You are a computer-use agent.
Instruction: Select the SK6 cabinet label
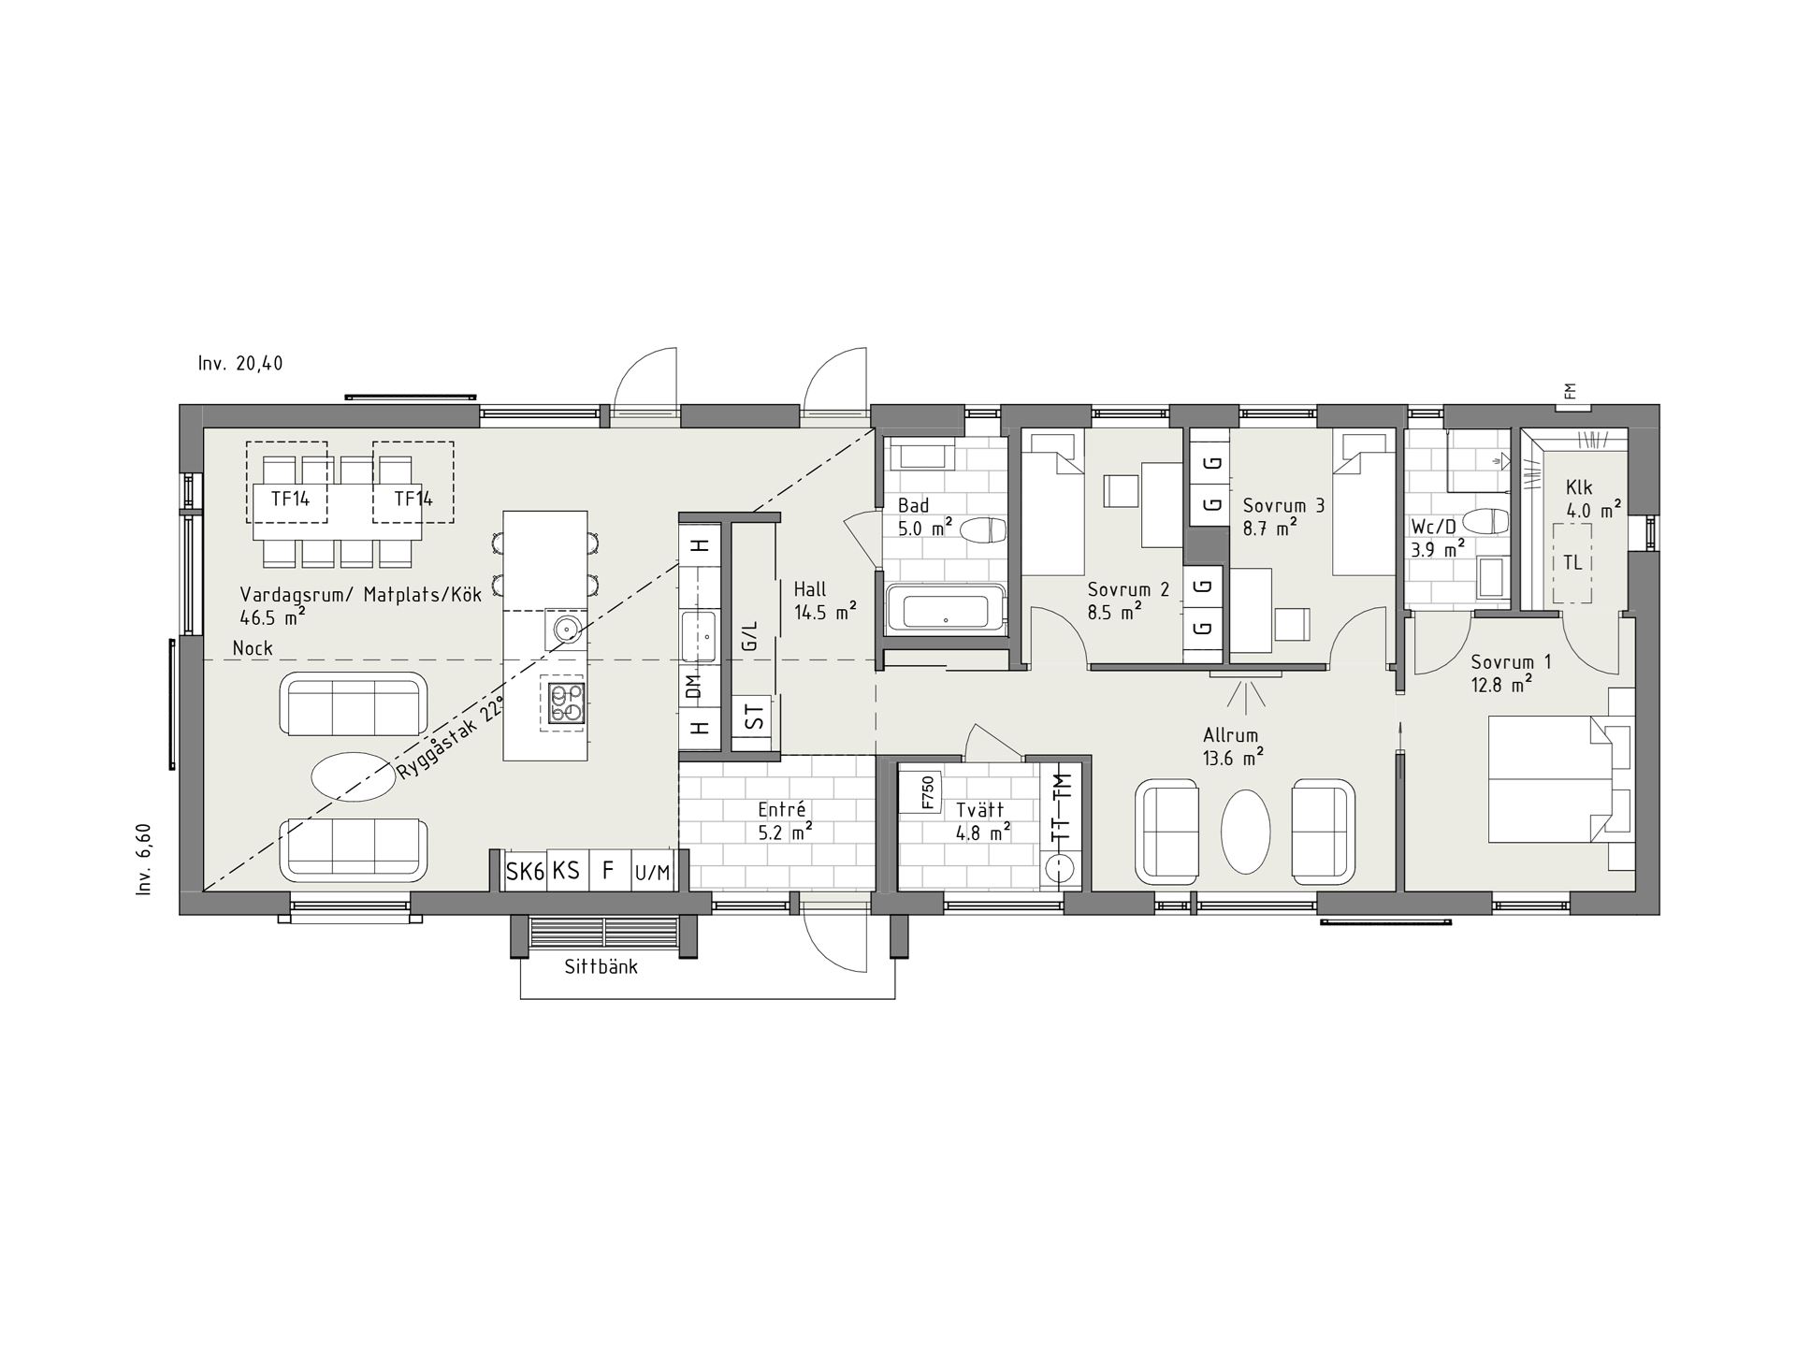click(x=525, y=872)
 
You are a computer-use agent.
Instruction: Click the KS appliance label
click(x=566, y=871)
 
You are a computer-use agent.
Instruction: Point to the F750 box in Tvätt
click(x=927, y=793)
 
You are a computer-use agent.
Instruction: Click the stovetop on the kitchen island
click(x=566, y=703)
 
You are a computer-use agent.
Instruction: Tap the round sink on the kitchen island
click(x=566, y=629)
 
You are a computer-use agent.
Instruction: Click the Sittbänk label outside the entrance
click(x=601, y=967)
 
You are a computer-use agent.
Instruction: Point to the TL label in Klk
click(x=1572, y=563)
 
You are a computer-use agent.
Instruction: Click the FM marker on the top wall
click(x=1570, y=391)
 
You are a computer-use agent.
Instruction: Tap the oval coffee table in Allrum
click(x=1246, y=832)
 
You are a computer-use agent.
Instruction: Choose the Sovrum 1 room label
click(x=1511, y=662)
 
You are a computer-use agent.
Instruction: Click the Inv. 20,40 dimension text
click(x=240, y=364)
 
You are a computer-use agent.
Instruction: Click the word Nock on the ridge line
click(x=253, y=648)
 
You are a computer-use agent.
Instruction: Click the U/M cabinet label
click(x=652, y=874)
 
